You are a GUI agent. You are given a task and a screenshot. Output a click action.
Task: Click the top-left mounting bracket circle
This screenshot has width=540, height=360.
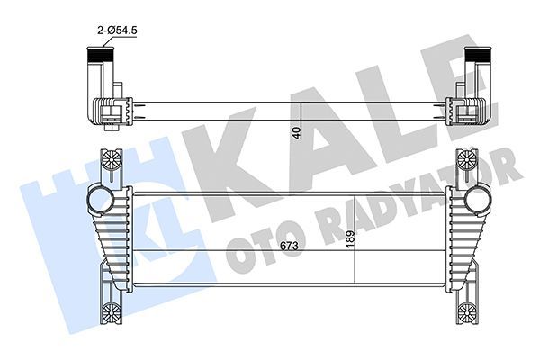pos(110,160)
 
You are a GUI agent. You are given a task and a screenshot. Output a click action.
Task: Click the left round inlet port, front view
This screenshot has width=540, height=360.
pos(97,197)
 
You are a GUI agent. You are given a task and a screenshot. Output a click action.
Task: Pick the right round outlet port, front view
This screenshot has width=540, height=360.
pos(479,197)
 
